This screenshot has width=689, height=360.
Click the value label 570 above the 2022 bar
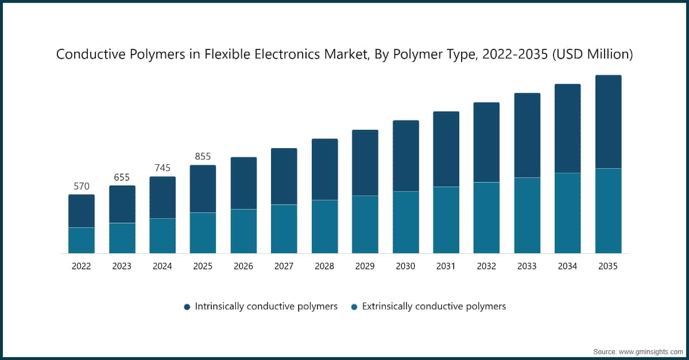coord(82,187)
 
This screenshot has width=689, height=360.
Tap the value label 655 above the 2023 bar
coord(122,177)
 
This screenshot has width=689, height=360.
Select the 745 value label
coord(162,168)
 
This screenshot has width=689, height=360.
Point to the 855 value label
coord(203,157)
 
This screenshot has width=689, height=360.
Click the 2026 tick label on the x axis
coord(243,266)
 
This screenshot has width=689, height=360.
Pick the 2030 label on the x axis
coord(405,266)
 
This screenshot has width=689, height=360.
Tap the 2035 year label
coord(608,266)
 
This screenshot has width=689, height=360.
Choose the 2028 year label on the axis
coord(324,266)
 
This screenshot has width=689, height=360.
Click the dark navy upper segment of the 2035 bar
coord(608,122)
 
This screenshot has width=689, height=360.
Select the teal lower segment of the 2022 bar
coord(82,241)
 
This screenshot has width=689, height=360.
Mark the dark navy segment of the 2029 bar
coord(365,163)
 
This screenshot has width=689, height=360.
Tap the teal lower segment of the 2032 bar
coord(486,218)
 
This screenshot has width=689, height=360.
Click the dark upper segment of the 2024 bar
coord(162,198)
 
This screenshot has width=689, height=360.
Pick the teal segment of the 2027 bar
coord(284,229)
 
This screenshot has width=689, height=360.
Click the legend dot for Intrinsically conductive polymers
coord(187,307)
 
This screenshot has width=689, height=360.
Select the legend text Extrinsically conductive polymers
coord(433,307)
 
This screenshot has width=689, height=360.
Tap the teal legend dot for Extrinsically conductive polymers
coord(354,307)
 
